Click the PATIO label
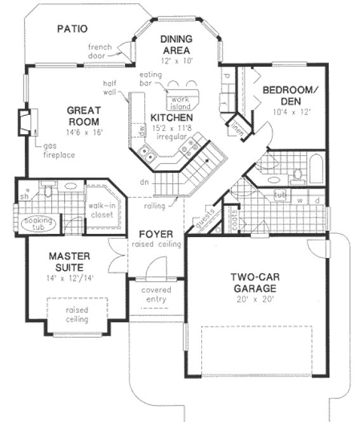[x=71, y=29]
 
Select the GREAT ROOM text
[x=83, y=116]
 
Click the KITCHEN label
[x=171, y=118]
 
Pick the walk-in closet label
[x=100, y=210]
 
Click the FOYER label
[x=156, y=233]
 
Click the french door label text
[x=100, y=51]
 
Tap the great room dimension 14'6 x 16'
[x=83, y=132]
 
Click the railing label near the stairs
[x=154, y=205]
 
